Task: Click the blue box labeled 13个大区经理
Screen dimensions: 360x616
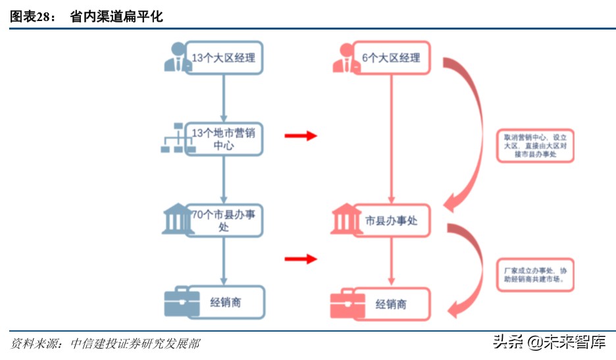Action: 224,58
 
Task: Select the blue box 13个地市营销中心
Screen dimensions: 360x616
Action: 224,139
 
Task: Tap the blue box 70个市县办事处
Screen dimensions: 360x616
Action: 224,220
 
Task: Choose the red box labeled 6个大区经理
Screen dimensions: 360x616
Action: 391,58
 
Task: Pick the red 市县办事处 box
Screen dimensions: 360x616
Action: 391,221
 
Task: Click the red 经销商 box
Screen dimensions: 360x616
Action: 391,304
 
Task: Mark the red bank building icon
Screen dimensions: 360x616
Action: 345,220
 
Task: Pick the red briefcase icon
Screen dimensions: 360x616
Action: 347,304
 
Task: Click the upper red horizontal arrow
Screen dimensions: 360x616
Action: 301,136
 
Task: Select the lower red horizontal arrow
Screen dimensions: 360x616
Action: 301,259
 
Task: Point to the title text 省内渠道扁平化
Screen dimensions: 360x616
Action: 116,17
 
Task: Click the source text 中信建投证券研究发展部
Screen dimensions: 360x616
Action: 135,344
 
